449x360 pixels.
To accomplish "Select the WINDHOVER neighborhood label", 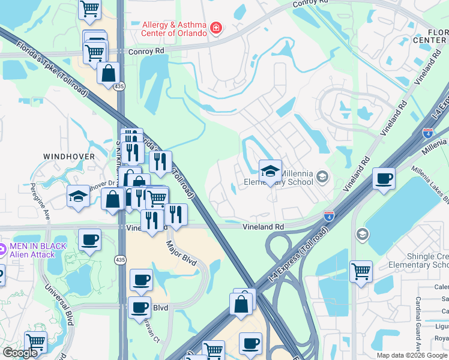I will pos(69,156).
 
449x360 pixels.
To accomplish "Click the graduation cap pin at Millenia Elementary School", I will pos(270,172).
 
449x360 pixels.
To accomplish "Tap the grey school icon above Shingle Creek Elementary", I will pos(362,233).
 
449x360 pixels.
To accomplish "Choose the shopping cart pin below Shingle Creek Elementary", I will pos(361,271).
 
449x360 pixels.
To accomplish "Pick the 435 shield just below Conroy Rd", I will pos(121,86).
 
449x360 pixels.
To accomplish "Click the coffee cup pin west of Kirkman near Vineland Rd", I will pos(90,239).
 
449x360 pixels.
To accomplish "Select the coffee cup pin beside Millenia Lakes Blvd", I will pos(384,178).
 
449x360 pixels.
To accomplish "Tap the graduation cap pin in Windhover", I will pos(78,196).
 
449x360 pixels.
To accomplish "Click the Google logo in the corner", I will pos(20,353).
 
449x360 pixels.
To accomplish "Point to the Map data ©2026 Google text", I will pos(412,355).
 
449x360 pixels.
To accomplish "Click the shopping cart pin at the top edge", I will pos(89,8).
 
